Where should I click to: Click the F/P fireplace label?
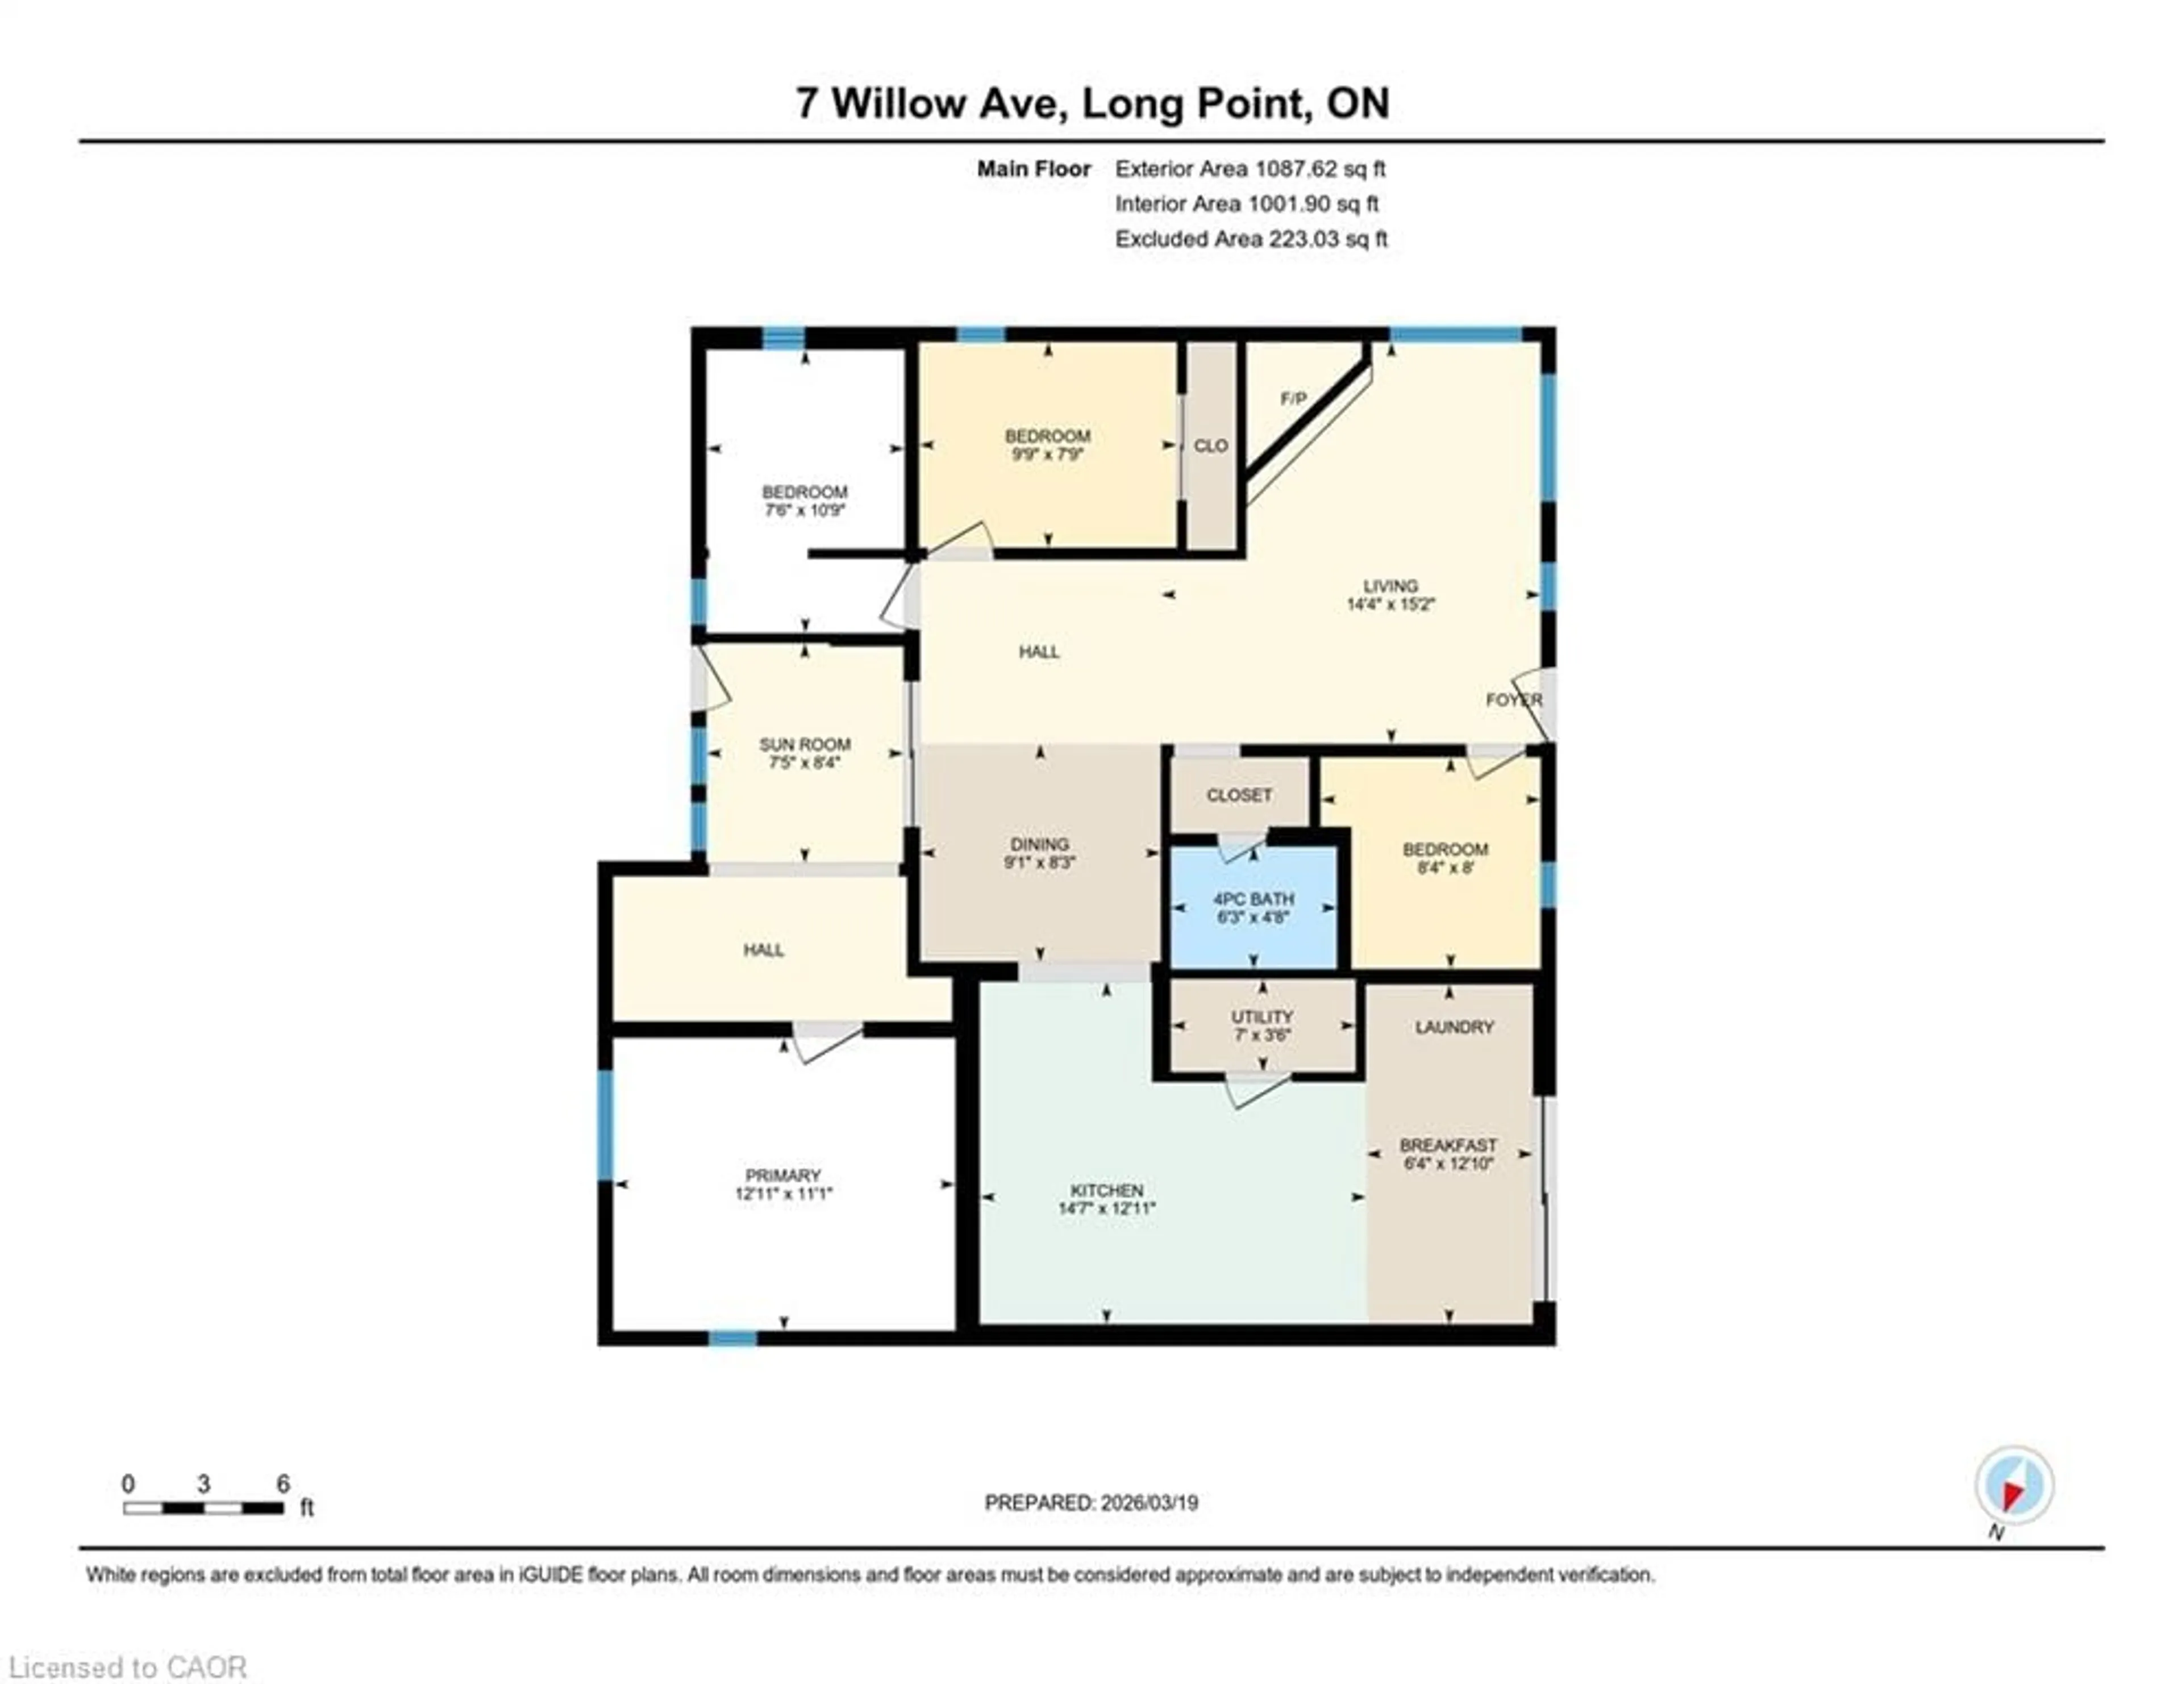coord(1293,398)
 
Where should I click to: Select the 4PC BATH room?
coord(1253,907)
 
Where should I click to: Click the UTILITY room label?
coord(1262,1017)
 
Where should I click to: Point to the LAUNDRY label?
coord(1454,1027)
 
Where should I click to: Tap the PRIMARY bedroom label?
coord(782,1176)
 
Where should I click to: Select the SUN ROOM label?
coord(804,744)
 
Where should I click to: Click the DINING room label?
coord(1039,844)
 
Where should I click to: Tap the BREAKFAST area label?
coord(1448,1145)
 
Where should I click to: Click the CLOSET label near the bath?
coord(1239,795)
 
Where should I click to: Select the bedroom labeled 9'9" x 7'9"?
coord(1047,444)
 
